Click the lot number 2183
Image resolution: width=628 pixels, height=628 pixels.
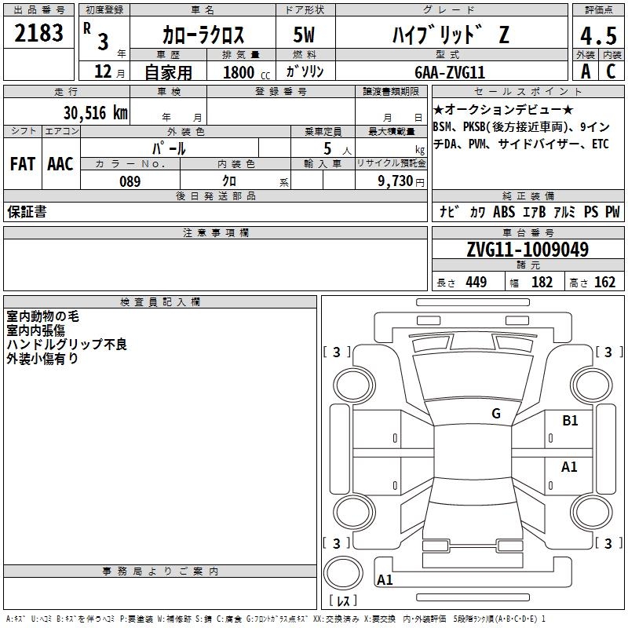point(38,33)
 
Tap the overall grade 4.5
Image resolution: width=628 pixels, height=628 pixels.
point(598,35)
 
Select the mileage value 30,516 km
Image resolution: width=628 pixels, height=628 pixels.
point(96,113)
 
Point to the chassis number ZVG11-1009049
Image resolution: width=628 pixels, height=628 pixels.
point(528,249)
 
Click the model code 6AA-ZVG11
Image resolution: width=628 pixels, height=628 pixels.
point(450,72)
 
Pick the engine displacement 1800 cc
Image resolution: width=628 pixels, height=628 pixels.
point(246,72)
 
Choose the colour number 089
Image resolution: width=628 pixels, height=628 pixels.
point(130,181)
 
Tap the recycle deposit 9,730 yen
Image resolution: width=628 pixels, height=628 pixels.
point(401,181)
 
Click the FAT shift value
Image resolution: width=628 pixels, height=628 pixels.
point(23,164)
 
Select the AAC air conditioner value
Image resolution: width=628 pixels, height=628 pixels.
point(60,164)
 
